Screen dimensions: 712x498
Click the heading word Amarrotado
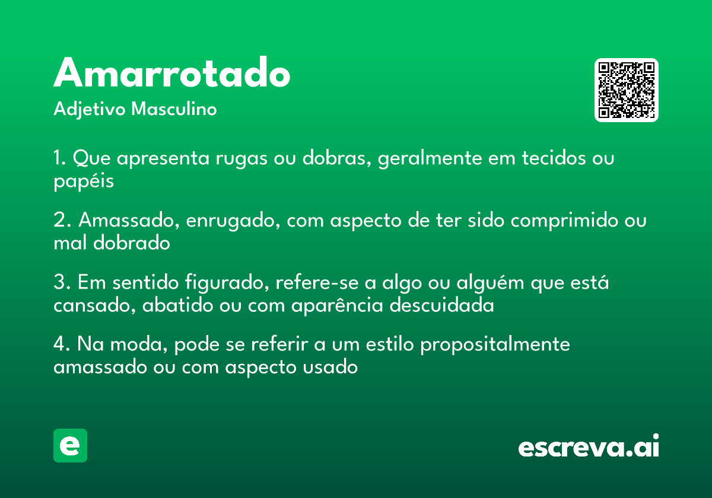pos(171,72)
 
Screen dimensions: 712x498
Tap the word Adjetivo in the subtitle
pos(90,110)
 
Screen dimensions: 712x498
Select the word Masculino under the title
pos(174,108)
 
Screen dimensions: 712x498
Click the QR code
pos(626,90)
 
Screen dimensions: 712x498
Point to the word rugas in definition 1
pos(241,158)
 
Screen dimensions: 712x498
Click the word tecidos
pos(554,158)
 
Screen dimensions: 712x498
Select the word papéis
pos(84,181)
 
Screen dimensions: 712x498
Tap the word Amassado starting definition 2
pos(129,219)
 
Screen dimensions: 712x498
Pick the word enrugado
pos(233,221)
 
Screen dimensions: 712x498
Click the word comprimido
pos(564,221)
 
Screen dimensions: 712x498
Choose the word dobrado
pos(132,243)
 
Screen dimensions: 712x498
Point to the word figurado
pos(227,282)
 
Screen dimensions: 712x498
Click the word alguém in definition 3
pos(490,282)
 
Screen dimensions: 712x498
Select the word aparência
pos(337,305)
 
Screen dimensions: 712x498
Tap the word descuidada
pos(441,305)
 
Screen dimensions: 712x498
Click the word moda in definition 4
pos(139,344)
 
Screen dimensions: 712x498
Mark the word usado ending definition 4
pos(330,367)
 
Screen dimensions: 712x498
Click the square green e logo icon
pos(70,445)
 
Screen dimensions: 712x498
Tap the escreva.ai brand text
pos(589,446)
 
